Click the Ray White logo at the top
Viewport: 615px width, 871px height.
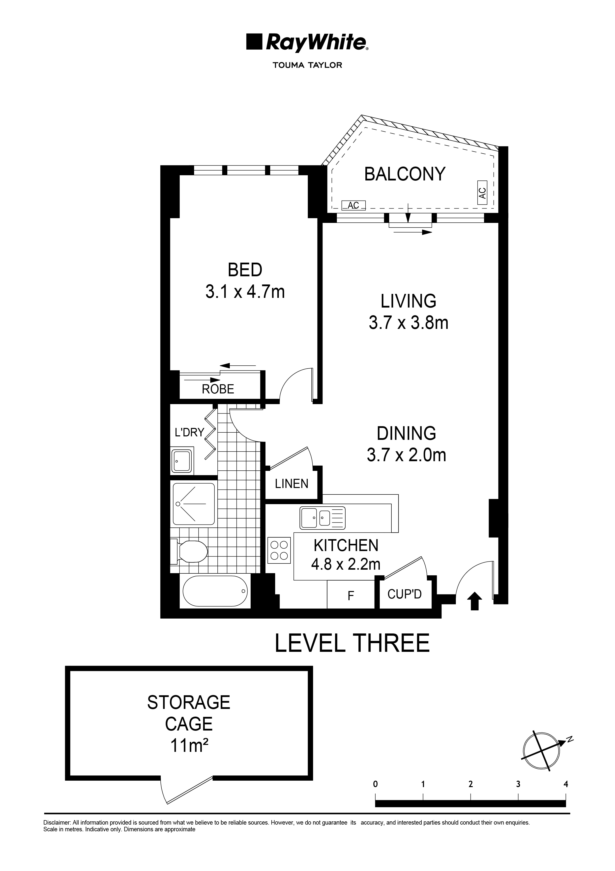pos(307,42)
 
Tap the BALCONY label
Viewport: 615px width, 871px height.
pos(405,174)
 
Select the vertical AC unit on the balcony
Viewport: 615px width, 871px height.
pos(482,192)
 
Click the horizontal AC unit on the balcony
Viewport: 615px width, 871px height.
pos(353,205)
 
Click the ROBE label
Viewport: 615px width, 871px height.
pos(218,389)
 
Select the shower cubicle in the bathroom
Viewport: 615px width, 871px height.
pos(194,503)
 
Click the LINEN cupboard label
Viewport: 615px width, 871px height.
pos(292,484)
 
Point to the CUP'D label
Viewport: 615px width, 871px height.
pos(404,594)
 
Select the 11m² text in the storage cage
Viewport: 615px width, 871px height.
pos(189,745)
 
